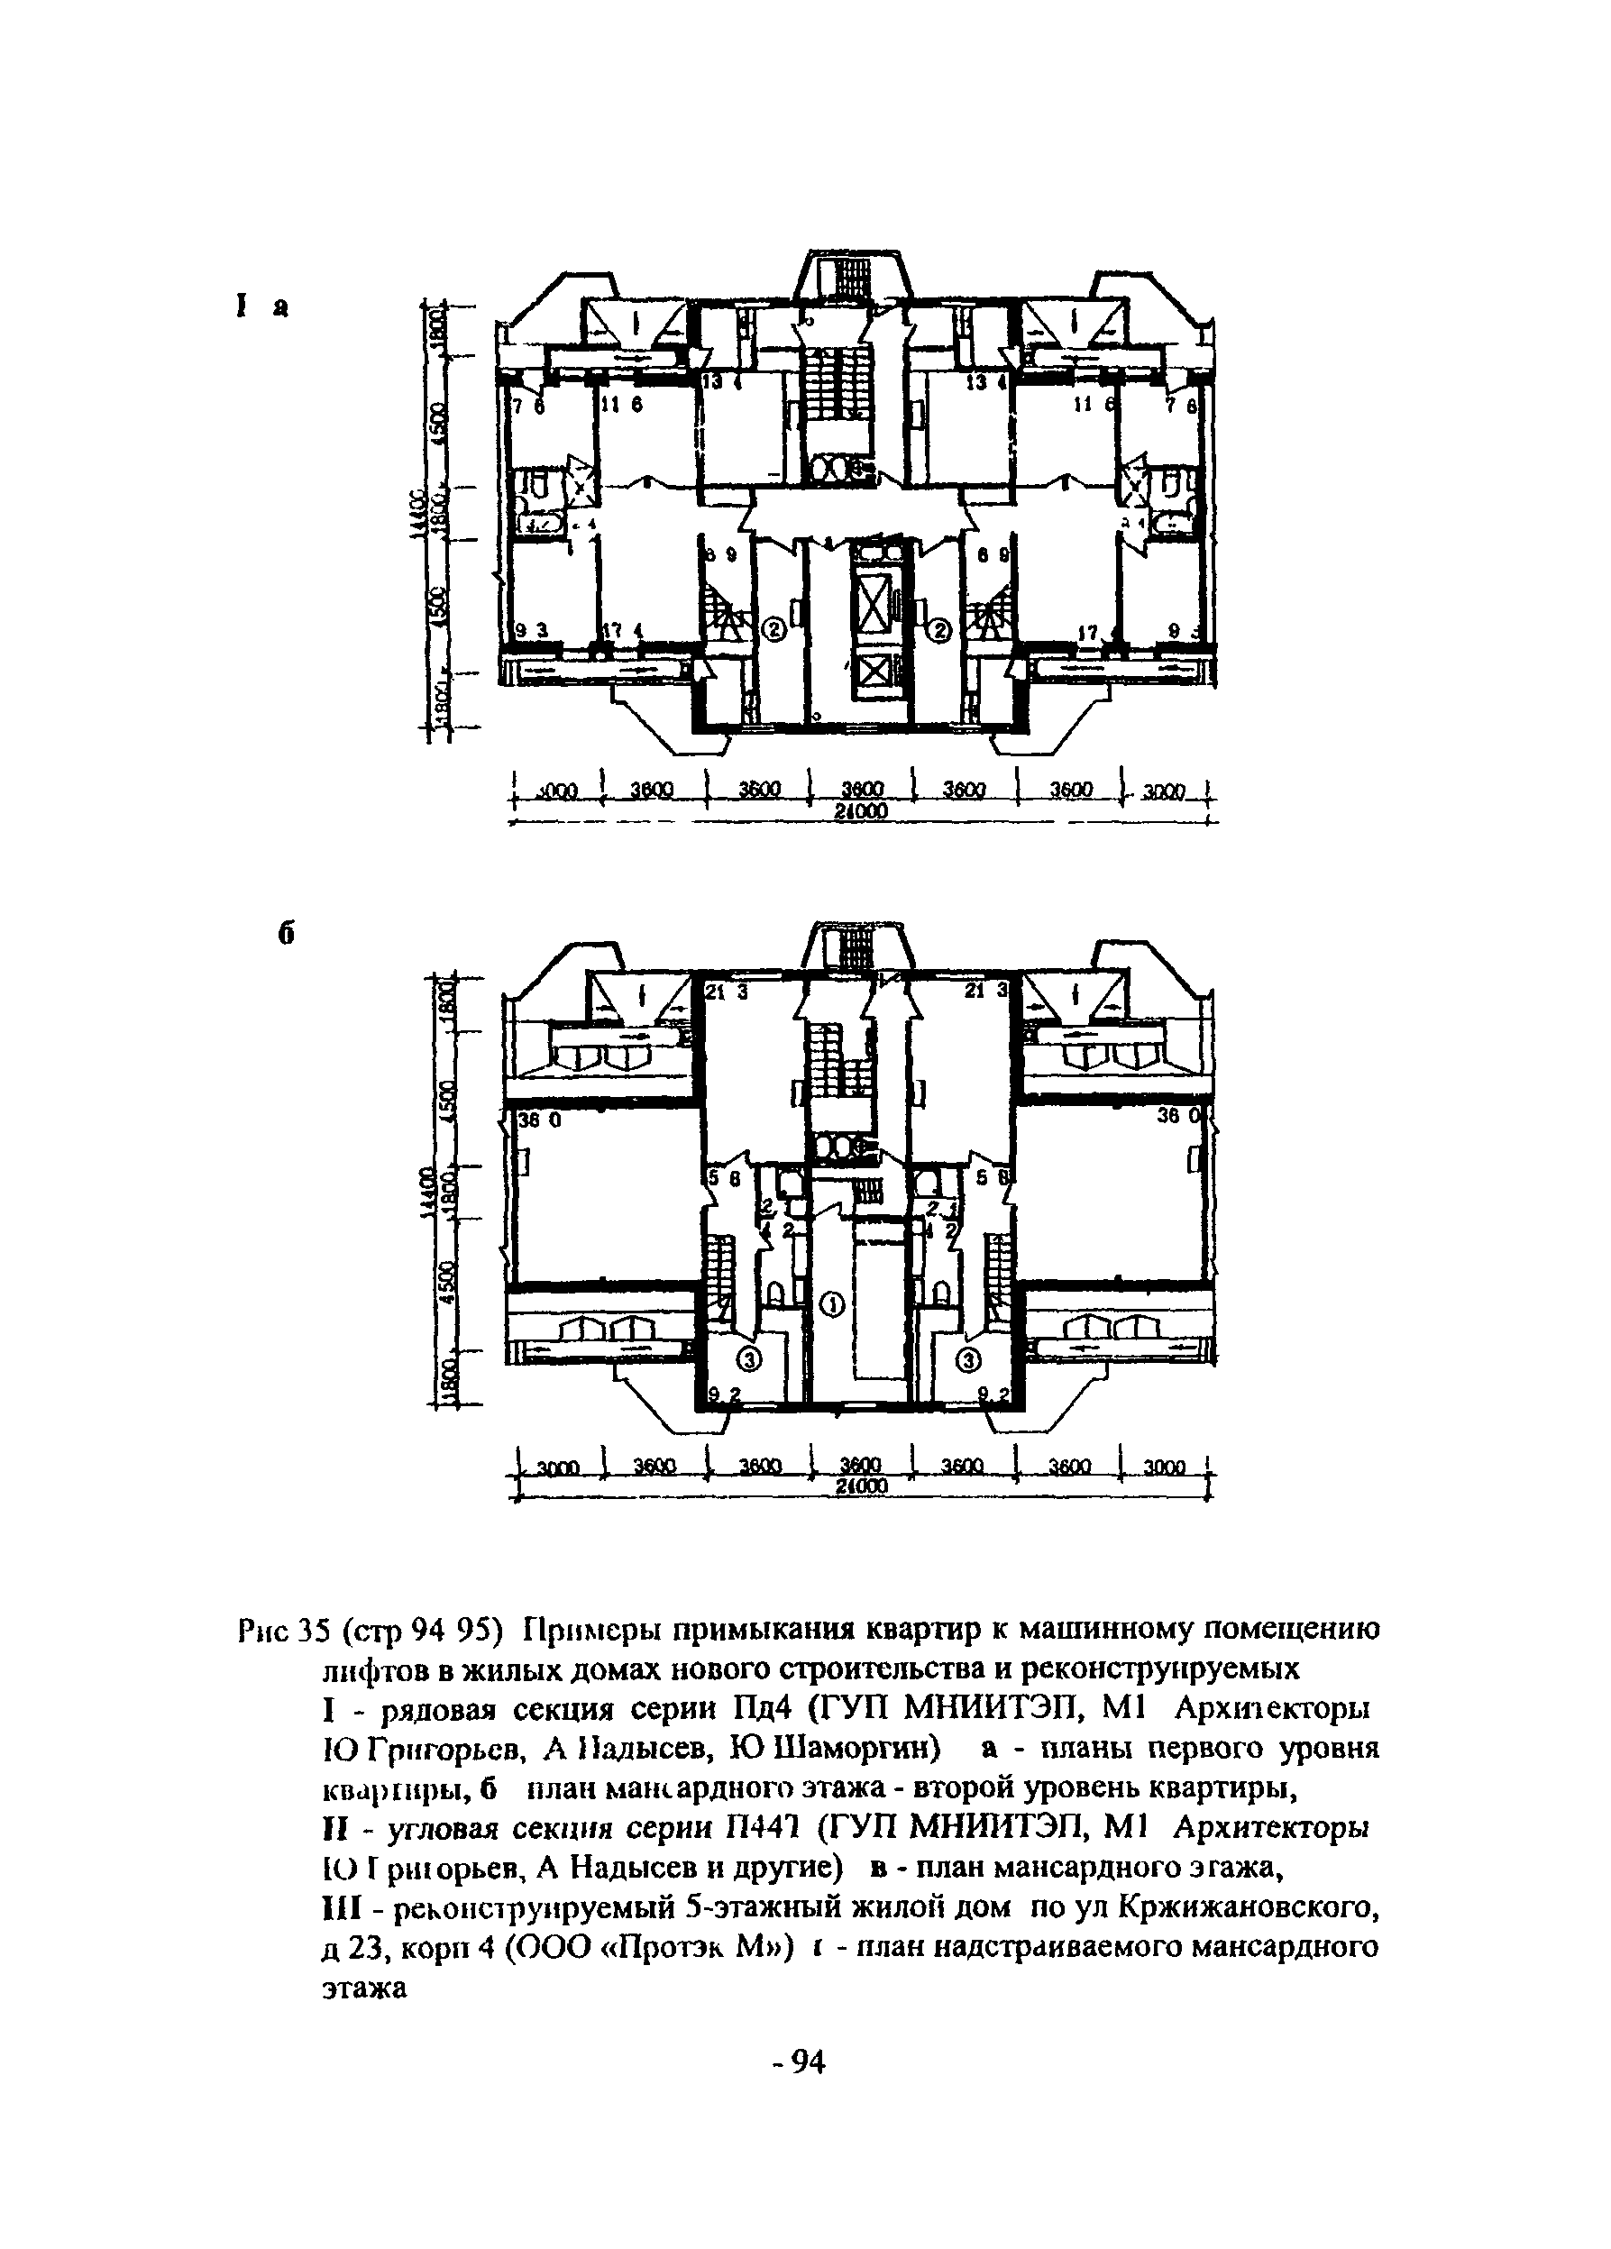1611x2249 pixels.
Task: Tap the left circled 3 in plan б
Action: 751,1359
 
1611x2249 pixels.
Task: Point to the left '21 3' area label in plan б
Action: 728,992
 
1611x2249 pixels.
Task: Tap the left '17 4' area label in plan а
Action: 623,631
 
